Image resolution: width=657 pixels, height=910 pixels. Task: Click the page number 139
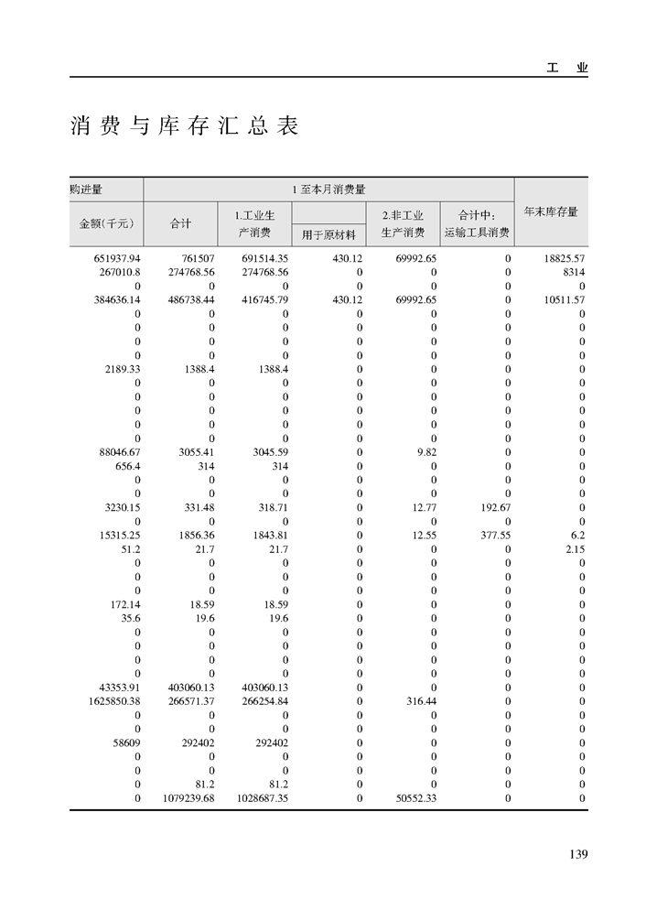[x=577, y=854]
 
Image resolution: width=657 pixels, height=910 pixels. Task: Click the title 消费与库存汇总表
[x=185, y=126]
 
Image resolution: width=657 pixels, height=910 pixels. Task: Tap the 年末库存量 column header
[x=551, y=211]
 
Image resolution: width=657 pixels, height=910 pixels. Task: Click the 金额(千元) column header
[x=106, y=222]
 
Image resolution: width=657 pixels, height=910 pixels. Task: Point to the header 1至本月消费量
[x=328, y=190]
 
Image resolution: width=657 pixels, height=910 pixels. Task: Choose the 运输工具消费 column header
[x=477, y=233]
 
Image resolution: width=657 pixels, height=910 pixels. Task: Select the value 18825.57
[x=564, y=259]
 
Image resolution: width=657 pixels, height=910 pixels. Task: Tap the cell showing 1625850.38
[x=108, y=701]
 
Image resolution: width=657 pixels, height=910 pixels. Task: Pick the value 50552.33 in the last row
[x=415, y=798]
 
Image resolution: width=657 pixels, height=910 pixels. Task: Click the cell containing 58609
[x=122, y=742]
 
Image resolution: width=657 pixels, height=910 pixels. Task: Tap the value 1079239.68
[x=184, y=798]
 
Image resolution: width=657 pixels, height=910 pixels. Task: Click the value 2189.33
[x=122, y=370]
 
